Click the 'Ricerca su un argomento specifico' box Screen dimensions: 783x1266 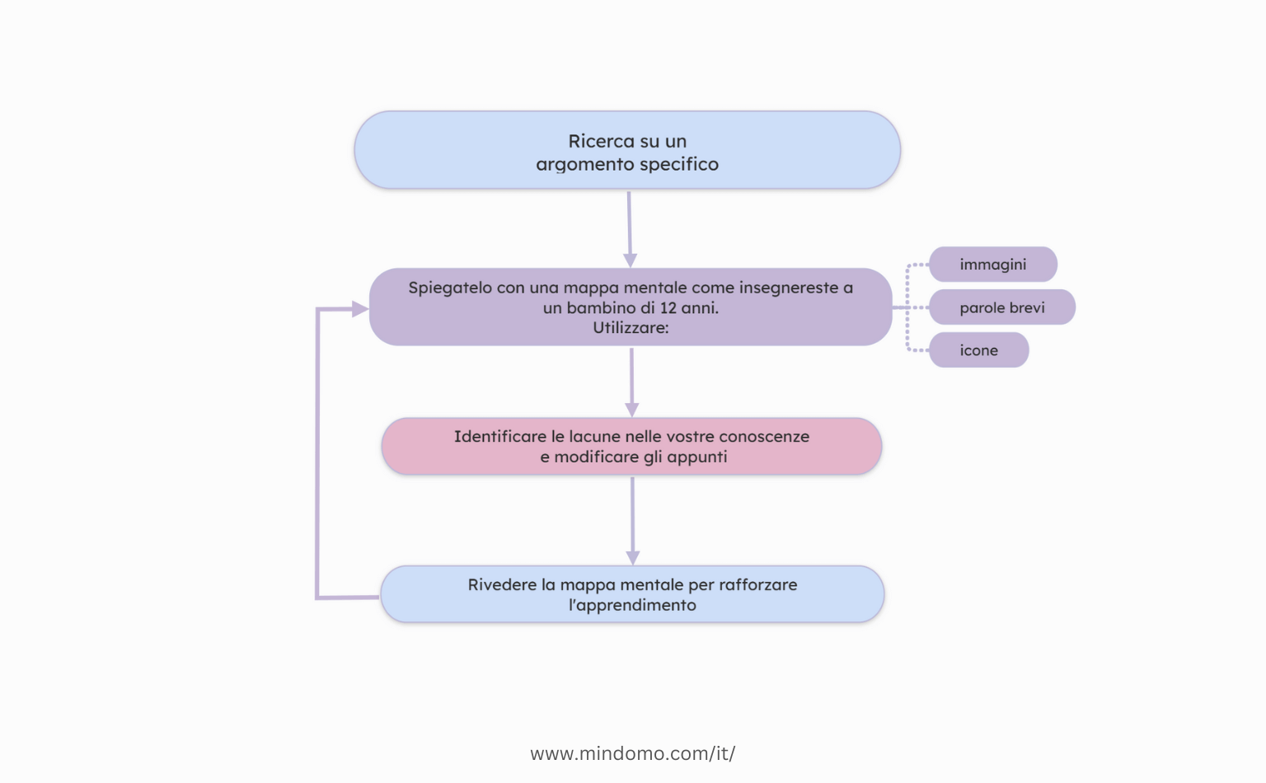(x=626, y=150)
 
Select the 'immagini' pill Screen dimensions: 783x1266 (x=992, y=265)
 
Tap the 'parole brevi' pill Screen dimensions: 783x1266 (x=1001, y=307)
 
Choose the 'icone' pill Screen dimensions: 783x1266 (x=978, y=350)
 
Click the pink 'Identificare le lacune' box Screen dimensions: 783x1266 (x=631, y=446)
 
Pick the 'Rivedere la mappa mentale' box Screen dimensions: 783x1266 (x=632, y=594)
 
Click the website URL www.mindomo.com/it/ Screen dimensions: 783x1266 (x=632, y=753)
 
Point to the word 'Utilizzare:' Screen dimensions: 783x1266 (x=631, y=328)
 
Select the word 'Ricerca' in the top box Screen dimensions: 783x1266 (x=601, y=142)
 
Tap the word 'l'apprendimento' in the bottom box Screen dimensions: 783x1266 (x=632, y=605)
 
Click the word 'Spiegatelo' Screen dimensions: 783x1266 (x=449, y=288)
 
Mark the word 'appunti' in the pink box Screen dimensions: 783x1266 (x=696, y=457)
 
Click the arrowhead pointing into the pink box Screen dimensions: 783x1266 (x=632, y=410)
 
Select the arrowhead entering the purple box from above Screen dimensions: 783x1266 (x=631, y=260)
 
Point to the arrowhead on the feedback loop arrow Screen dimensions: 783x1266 (x=360, y=309)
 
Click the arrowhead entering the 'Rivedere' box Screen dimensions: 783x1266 (x=633, y=558)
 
